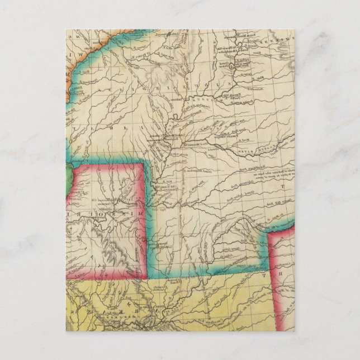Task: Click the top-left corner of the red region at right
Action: click(270, 235)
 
